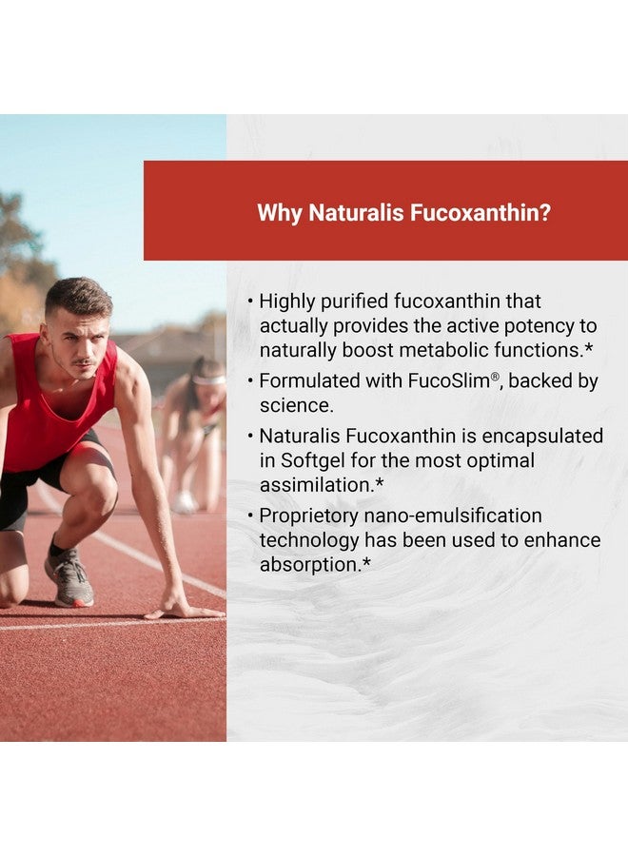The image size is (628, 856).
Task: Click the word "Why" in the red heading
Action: click(279, 213)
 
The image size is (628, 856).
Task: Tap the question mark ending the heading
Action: click(544, 212)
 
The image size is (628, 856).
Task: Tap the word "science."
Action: click(296, 405)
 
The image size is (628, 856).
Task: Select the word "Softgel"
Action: click(313, 461)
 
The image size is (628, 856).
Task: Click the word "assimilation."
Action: click(322, 485)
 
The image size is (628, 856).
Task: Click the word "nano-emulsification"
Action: click(453, 516)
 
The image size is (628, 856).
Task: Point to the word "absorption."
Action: click(315, 565)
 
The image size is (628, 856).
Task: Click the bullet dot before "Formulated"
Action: click(250, 381)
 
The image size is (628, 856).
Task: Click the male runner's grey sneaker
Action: click(69, 576)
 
